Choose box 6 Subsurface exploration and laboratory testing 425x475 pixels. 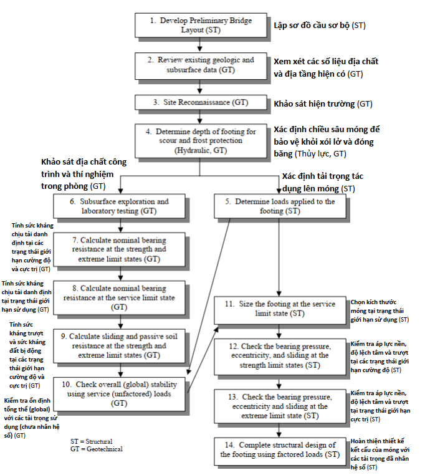[x=119, y=206]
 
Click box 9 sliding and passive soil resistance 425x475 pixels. [x=119, y=345]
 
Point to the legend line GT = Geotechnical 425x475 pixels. [x=97, y=449]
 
